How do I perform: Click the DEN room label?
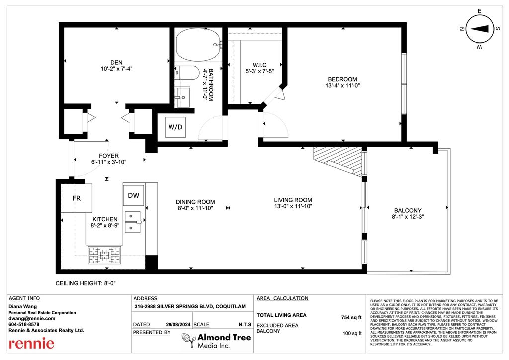[x=116, y=62]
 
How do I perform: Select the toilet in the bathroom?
[x=187, y=73]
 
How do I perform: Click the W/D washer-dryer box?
[x=175, y=127]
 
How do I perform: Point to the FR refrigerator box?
[x=77, y=198]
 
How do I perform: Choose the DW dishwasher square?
[x=133, y=195]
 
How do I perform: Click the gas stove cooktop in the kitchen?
[x=104, y=255]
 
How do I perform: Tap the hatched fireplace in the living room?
[x=338, y=160]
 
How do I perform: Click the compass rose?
[x=480, y=29]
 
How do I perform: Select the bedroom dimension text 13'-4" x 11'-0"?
[x=342, y=86]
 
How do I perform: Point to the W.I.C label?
[x=259, y=65]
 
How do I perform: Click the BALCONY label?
[x=408, y=211]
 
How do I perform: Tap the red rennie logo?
[x=31, y=343]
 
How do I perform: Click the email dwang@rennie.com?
[x=32, y=318]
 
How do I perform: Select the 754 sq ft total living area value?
[x=351, y=317]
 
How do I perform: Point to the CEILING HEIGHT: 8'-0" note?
[x=85, y=283]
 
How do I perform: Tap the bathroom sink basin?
[x=183, y=97]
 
